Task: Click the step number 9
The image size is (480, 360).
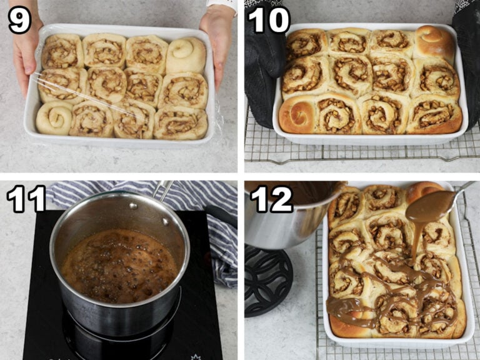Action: pos(19,20)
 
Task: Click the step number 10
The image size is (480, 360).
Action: pos(269,20)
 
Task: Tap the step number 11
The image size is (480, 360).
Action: pos(26,199)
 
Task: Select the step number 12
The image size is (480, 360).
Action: pos(272,199)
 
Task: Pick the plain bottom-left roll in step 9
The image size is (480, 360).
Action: pos(54,118)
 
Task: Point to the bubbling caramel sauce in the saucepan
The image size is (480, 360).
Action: pos(119,266)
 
